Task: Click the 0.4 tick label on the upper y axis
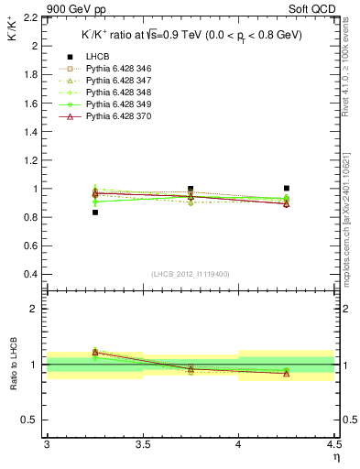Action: tap(30, 275)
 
